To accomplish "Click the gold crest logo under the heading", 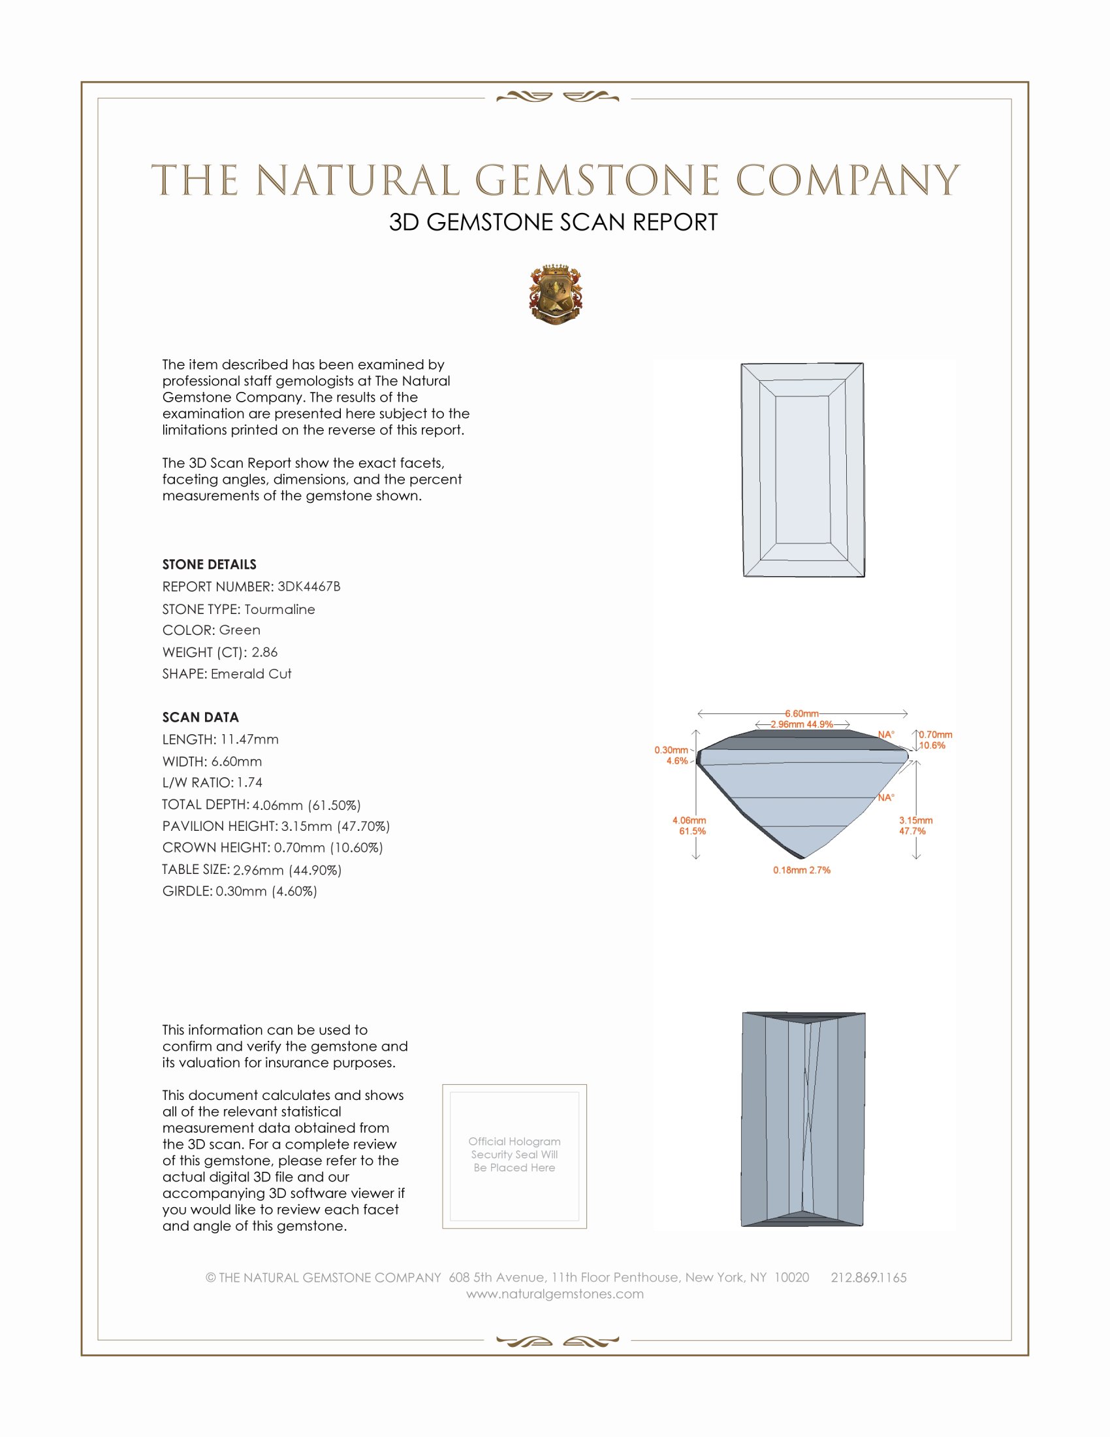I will click(x=556, y=294).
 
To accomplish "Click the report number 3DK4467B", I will click(x=308, y=587).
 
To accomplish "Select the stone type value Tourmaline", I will click(x=279, y=609).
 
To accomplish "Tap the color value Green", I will click(x=240, y=630).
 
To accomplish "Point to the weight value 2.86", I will click(x=264, y=652).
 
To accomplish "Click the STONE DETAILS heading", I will click(x=209, y=564).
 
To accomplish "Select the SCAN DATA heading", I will click(x=200, y=717).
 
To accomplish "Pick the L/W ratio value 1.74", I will click(x=250, y=783).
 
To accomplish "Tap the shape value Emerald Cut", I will click(x=251, y=674).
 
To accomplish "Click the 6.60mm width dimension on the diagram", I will click(x=802, y=713).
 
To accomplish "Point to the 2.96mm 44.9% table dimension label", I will click(x=802, y=724).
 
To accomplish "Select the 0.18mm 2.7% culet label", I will click(x=802, y=870).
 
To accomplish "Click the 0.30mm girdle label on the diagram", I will click(x=671, y=750).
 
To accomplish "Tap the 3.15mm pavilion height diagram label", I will click(x=916, y=820).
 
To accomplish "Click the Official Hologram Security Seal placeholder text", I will click(x=515, y=1154).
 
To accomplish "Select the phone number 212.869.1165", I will click(x=868, y=1277).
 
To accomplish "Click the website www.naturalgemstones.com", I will click(x=555, y=1293).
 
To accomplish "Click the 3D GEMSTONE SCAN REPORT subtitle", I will click(x=553, y=222).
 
